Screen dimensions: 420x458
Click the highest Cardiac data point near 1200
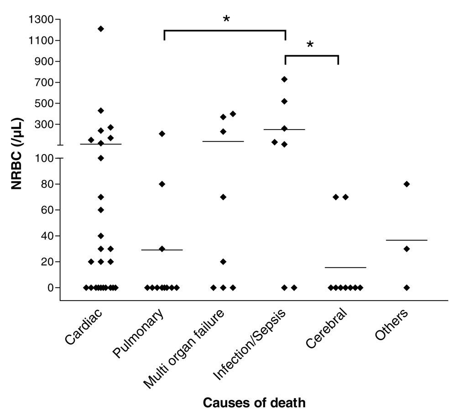pyautogui.click(x=101, y=29)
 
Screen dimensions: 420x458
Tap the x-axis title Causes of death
pyautogui.click(x=254, y=403)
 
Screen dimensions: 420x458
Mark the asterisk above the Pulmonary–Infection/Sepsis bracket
pyautogui.click(x=226, y=19)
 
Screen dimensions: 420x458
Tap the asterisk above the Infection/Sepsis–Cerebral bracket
pyautogui.click(x=310, y=45)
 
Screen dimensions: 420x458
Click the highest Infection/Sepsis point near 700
pyautogui.click(x=284, y=79)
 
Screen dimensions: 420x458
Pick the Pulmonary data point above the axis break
pyautogui.click(x=161, y=134)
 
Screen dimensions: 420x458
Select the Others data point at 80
pyautogui.click(x=407, y=184)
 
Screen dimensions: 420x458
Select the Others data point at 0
pyautogui.click(x=407, y=287)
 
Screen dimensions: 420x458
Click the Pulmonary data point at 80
pyautogui.click(x=161, y=184)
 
